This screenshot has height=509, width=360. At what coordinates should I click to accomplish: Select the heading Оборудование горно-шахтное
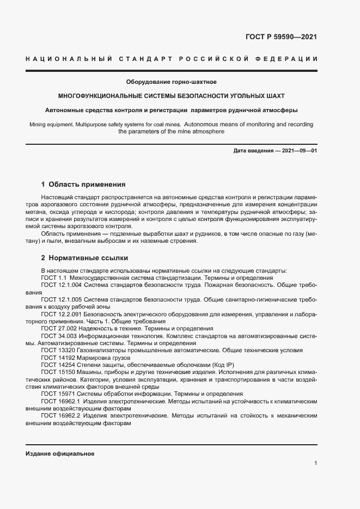[172, 82]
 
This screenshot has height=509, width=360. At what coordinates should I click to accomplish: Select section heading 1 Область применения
[83, 185]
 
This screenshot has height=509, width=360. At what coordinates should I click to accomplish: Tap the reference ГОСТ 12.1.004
[61, 284]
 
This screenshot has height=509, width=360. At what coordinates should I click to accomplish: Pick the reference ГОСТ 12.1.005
[61, 299]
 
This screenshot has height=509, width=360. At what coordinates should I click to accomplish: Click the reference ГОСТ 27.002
[59, 328]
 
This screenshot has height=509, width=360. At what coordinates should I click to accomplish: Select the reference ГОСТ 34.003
[59, 336]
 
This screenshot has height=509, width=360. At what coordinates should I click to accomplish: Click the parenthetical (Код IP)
[206, 365]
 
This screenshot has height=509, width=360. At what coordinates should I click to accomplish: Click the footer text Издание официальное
[60, 453]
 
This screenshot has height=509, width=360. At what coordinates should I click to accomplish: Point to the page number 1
[315, 463]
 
